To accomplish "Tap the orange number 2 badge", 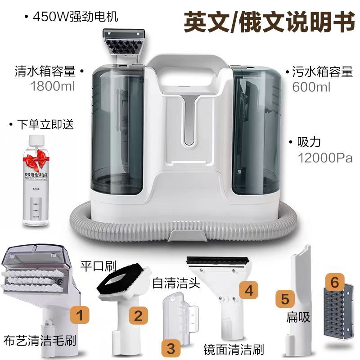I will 138,315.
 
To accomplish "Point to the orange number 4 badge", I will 248,289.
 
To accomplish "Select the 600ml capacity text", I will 311,86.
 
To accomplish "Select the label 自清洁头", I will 171,283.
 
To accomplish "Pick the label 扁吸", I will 298,317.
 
